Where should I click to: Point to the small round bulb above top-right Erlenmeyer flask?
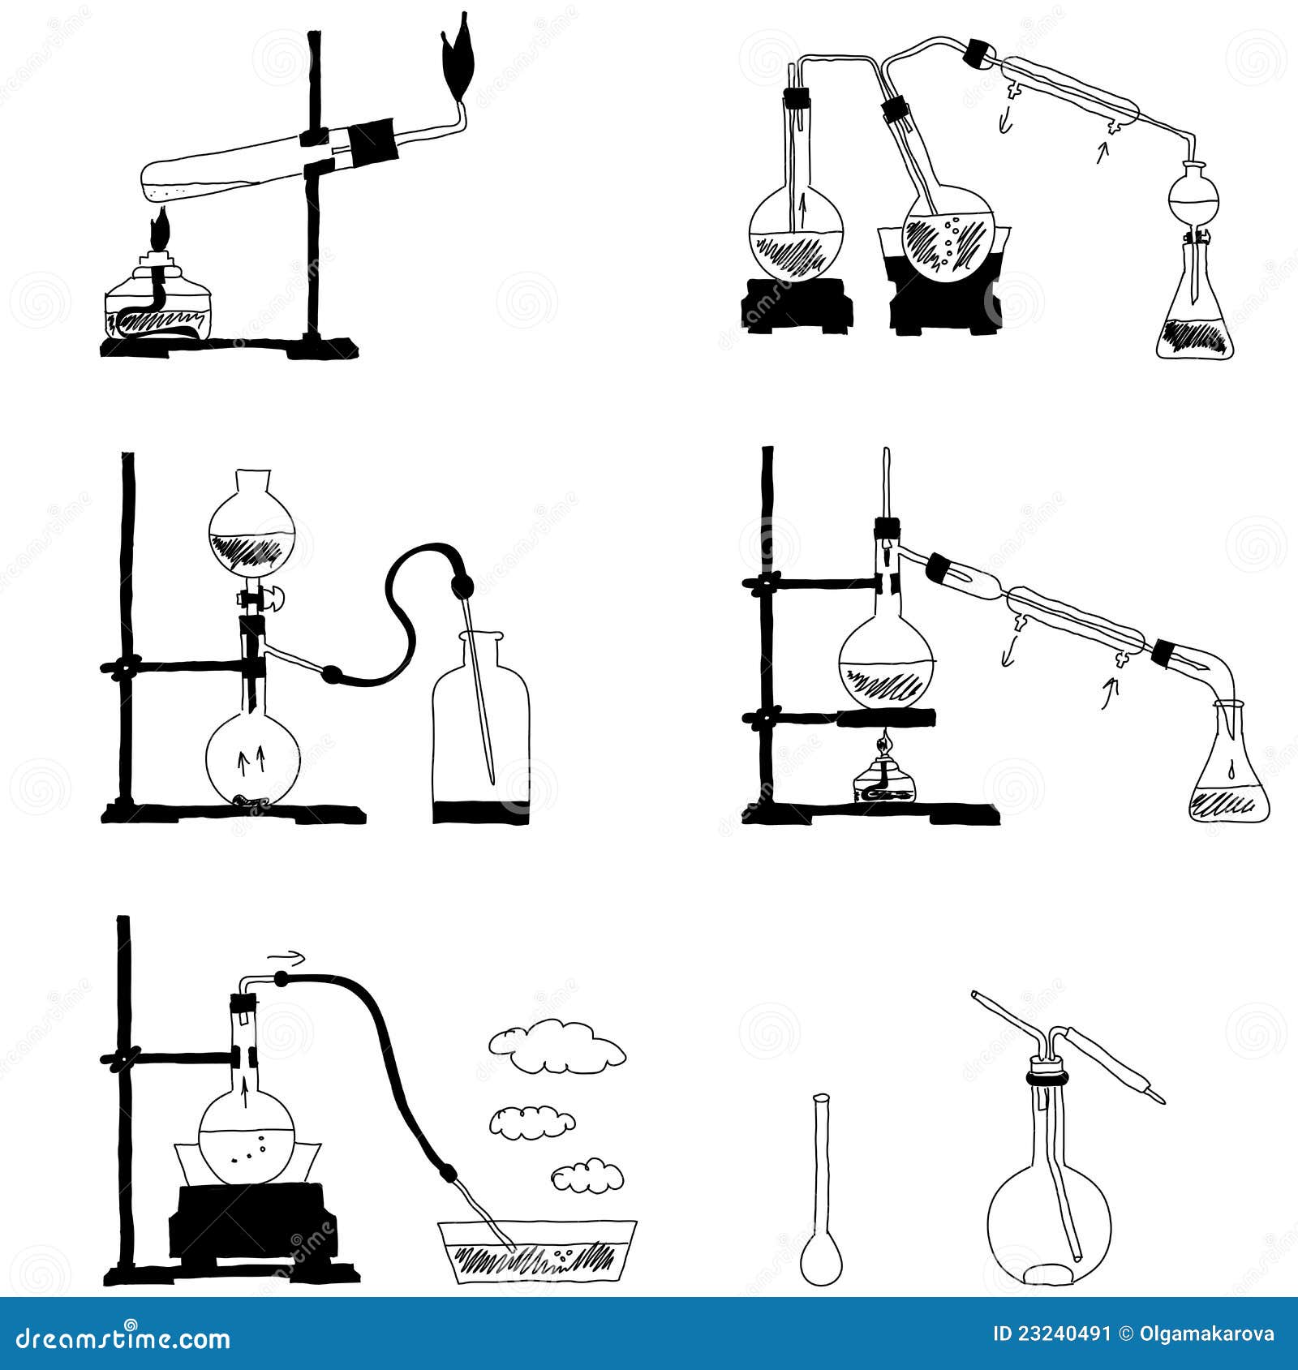click(1193, 196)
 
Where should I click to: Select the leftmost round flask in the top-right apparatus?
click(796, 235)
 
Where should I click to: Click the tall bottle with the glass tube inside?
click(481, 722)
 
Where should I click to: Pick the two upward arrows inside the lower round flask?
click(251, 759)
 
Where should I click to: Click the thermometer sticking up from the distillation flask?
click(888, 487)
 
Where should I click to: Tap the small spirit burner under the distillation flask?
click(884, 779)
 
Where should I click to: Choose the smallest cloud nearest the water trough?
click(587, 1175)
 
